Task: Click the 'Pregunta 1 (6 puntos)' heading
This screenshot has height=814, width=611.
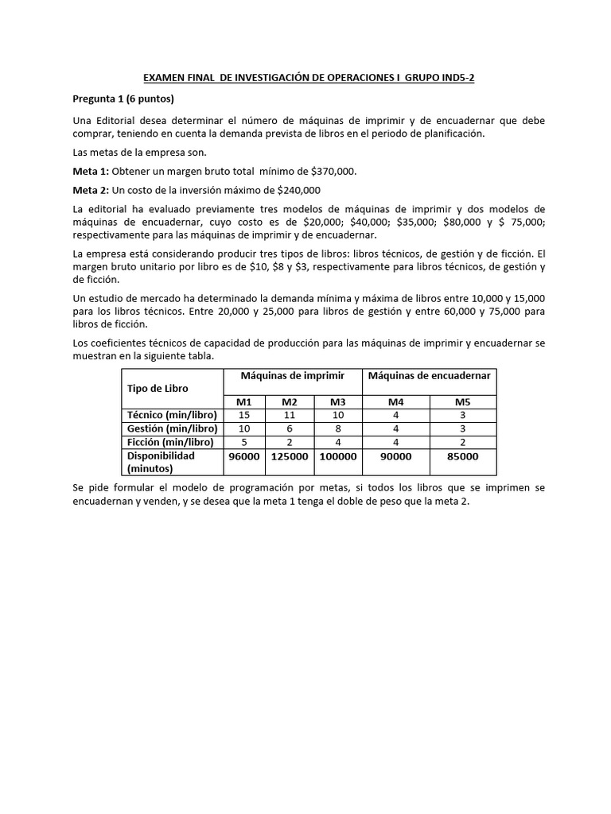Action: (123, 99)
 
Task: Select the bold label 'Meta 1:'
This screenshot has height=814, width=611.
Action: (91, 171)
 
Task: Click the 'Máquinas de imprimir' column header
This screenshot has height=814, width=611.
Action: (293, 374)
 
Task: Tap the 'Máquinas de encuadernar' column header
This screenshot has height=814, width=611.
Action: (430, 374)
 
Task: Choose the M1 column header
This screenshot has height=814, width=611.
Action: (244, 401)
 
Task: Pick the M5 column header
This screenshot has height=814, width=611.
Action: (462, 401)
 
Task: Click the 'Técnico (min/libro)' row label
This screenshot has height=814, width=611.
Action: (171, 415)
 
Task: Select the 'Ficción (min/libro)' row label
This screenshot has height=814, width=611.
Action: (171, 442)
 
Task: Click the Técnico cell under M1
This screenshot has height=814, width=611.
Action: (244, 415)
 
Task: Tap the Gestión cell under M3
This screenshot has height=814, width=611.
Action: (338, 428)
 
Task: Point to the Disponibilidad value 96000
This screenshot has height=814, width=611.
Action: (244, 456)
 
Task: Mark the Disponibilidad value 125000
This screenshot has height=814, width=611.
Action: (290, 456)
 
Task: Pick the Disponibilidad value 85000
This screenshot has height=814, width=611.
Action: (462, 456)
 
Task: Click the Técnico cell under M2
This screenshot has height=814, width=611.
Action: (290, 415)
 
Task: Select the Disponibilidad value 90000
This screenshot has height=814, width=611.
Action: (396, 456)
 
